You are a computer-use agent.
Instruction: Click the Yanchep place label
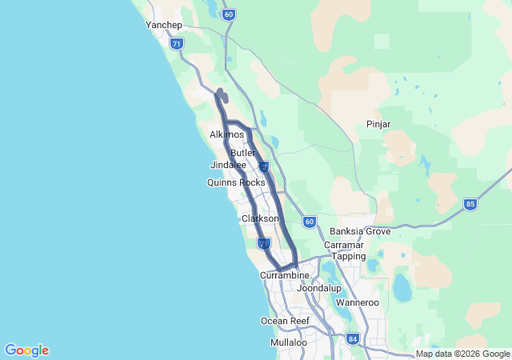(164, 25)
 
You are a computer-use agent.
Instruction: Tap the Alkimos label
(226, 135)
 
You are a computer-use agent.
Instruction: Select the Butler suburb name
(242, 153)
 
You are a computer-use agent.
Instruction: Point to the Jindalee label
(228, 165)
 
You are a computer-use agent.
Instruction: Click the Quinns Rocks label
(235, 182)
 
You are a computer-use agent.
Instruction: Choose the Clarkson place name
(260, 218)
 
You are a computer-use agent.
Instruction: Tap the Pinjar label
(378, 124)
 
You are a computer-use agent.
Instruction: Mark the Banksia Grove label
(360, 231)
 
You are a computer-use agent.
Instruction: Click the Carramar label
(344, 245)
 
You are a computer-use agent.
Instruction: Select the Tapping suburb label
(349, 257)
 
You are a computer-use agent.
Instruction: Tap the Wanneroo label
(356, 303)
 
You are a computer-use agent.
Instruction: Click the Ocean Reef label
(285, 321)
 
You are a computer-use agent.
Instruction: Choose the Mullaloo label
(288, 342)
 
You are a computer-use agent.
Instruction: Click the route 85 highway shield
(470, 205)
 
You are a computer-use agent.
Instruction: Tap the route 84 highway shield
(354, 339)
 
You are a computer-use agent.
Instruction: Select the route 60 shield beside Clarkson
(310, 221)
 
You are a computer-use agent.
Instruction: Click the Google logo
(26, 350)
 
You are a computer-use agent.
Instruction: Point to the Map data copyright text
(462, 354)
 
